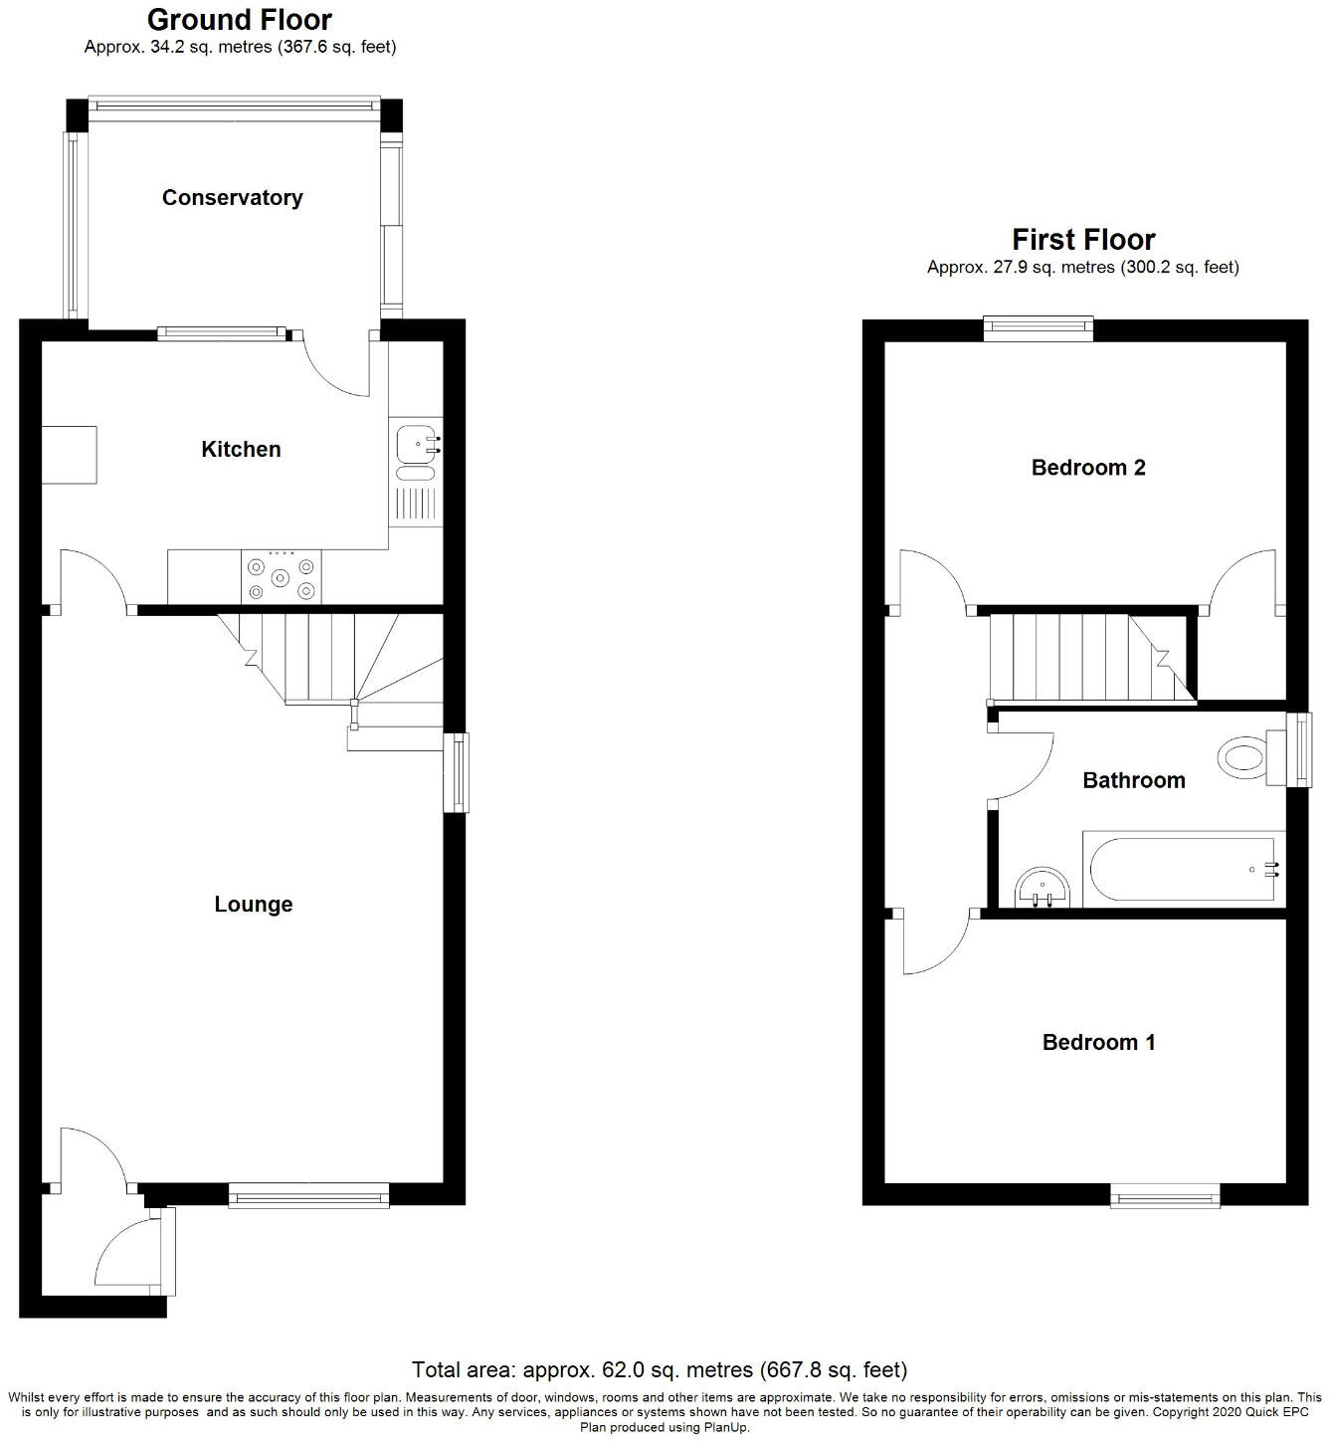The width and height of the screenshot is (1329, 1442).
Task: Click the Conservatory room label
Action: click(x=232, y=197)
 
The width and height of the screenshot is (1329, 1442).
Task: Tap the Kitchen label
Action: click(x=241, y=449)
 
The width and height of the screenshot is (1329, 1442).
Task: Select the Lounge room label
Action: click(x=254, y=904)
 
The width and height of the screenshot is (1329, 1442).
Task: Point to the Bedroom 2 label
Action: click(x=1088, y=467)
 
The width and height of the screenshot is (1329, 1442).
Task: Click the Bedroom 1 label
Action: click(x=1098, y=1042)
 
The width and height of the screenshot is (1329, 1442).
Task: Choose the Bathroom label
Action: click(x=1134, y=780)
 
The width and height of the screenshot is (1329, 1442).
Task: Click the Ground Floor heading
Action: click(x=240, y=19)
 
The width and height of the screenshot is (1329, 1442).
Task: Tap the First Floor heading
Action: click(x=1083, y=240)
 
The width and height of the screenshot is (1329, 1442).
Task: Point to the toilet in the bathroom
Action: click(x=1247, y=758)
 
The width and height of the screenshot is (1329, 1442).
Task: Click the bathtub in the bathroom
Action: click(x=1182, y=869)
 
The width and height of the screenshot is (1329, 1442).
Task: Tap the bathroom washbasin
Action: click(x=1043, y=889)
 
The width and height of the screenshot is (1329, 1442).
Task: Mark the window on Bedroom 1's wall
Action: click(x=1165, y=1195)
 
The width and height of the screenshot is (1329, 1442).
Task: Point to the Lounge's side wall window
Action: click(x=456, y=772)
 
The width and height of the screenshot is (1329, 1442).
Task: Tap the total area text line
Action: click(x=660, y=1369)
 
